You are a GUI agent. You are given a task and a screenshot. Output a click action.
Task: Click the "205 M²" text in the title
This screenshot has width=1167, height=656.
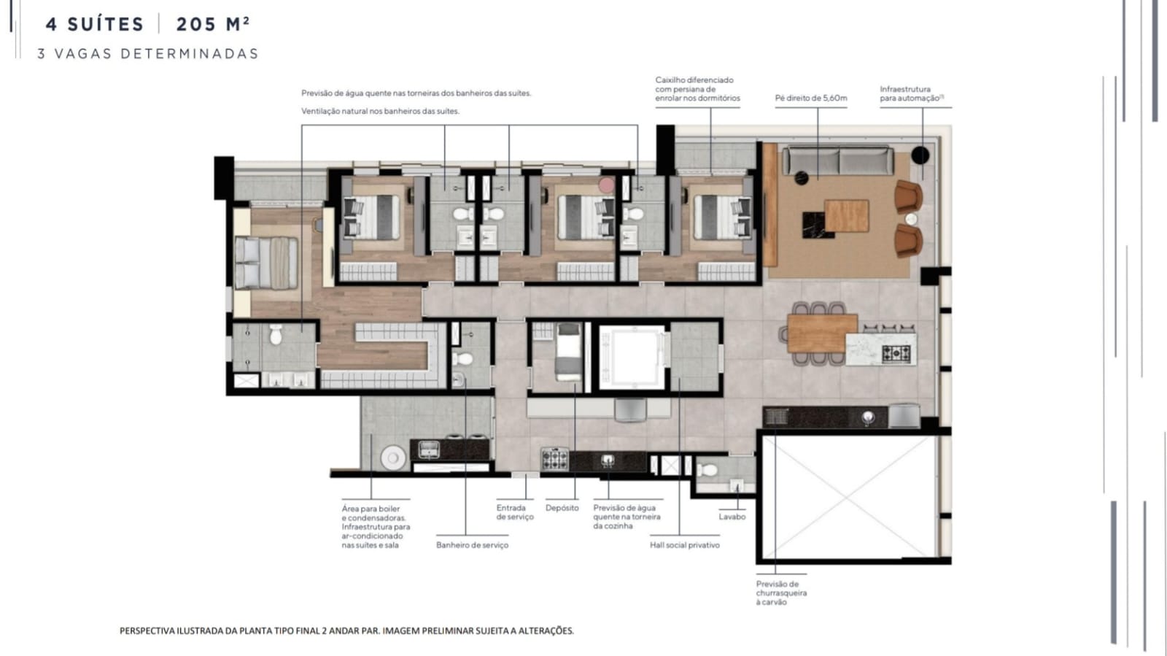click(x=213, y=24)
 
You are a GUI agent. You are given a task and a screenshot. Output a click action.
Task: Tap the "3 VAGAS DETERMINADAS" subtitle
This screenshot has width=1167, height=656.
click(x=148, y=54)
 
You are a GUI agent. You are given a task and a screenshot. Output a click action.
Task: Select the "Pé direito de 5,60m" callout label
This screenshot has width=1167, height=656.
click(x=810, y=98)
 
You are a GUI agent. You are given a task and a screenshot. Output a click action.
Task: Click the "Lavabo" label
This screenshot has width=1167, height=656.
click(x=732, y=517)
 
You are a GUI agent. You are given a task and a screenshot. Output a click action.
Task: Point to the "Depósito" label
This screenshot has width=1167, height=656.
click(x=562, y=507)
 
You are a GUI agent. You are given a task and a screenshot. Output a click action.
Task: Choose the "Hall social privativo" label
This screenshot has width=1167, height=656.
click(x=685, y=545)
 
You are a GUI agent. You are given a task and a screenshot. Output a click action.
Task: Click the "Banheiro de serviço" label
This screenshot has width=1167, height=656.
click(x=472, y=545)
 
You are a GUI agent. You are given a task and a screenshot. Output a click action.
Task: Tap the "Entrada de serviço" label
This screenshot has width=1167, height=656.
click(x=515, y=512)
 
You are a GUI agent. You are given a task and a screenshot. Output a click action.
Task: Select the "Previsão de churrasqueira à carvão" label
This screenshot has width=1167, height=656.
click(x=781, y=593)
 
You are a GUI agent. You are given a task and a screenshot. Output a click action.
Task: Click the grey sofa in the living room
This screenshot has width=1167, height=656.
click(x=838, y=161)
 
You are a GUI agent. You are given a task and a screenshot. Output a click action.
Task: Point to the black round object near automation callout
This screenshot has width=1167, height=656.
click(x=920, y=155)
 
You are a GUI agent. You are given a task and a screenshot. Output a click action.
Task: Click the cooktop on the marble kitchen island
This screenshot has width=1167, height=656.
click(x=896, y=354)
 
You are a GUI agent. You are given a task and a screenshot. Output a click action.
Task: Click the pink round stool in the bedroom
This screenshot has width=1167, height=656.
click(x=606, y=185)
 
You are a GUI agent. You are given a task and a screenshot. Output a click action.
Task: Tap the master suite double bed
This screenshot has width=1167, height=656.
click(x=266, y=263)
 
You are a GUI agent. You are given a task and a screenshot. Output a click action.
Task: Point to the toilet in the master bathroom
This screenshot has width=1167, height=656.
click(x=276, y=334)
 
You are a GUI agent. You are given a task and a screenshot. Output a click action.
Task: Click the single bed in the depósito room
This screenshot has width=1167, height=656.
click(x=568, y=352)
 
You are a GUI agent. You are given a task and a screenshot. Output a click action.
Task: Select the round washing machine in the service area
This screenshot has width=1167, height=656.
click(x=393, y=458)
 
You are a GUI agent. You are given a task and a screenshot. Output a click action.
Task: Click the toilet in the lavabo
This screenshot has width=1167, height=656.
click(x=707, y=470)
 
